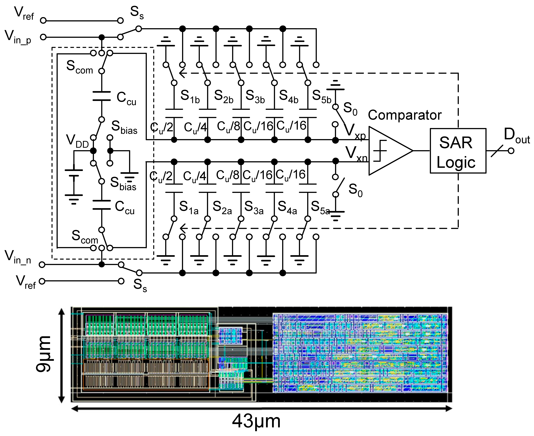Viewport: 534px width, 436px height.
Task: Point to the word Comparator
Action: (404, 115)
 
